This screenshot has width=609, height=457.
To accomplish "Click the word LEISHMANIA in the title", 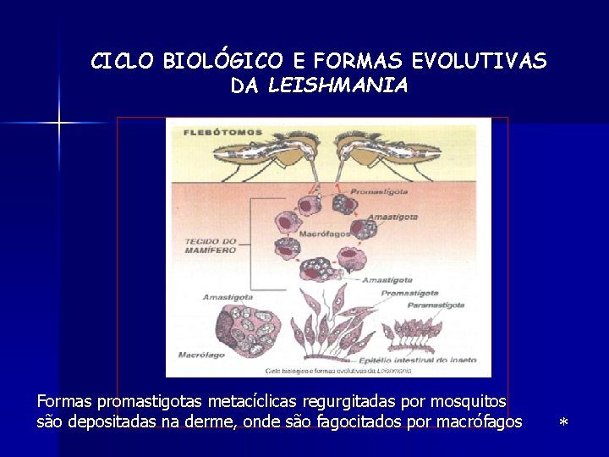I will coord(337,85).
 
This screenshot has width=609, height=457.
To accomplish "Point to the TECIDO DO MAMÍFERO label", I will coord(211,245).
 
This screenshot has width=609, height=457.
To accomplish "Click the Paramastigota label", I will coord(436,304).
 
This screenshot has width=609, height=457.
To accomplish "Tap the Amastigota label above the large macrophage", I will coord(228,297).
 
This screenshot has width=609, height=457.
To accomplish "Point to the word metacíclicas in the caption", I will coord(249,400).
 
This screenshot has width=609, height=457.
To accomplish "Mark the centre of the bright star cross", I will coord(59,124).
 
